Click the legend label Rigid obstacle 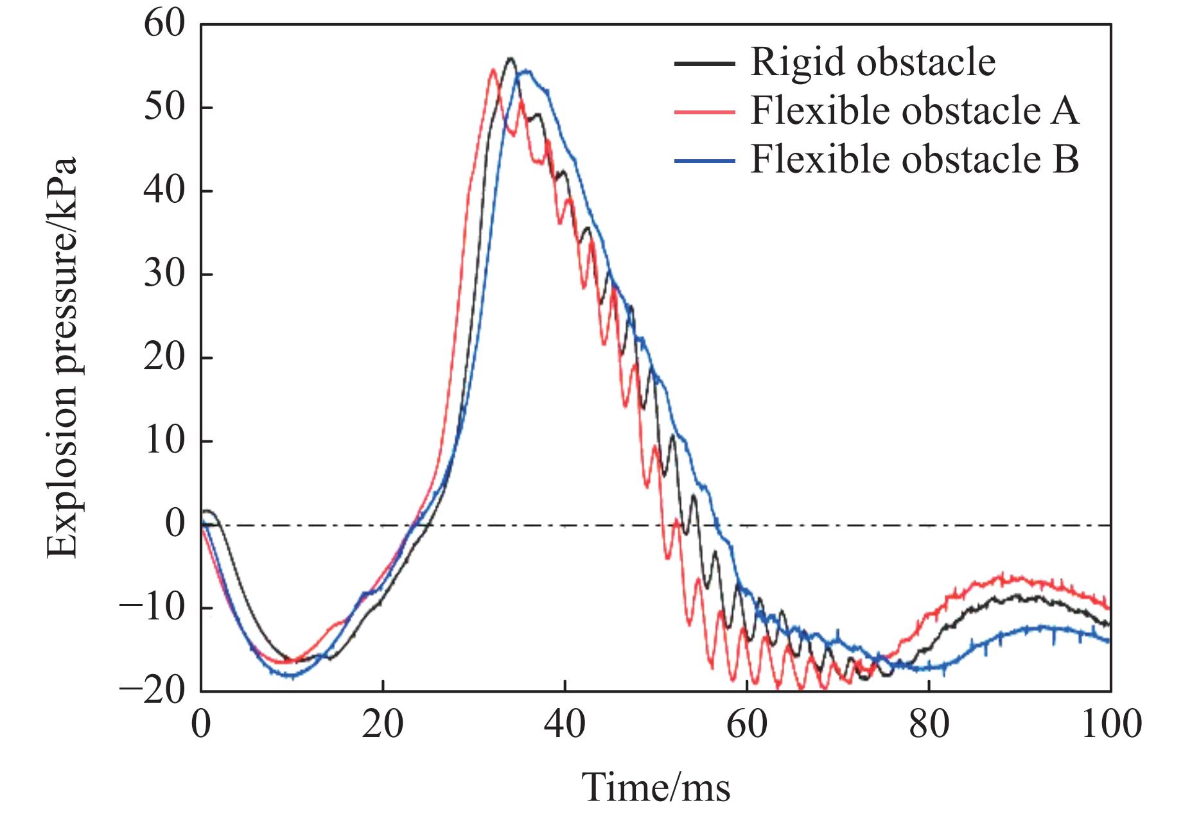tap(873, 62)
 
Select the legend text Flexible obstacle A tap(915, 110)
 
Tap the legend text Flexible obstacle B tap(915, 159)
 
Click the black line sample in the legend tap(704, 63)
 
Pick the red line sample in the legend tap(704, 111)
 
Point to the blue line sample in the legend tap(704, 159)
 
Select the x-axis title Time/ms tap(656, 787)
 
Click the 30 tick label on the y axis tap(164, 275)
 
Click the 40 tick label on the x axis tap(565, 724)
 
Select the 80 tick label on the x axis tap(929, 724)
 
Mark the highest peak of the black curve tap(511, 58)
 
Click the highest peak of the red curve tap(493, 69)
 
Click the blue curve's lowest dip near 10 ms tap(290, 676)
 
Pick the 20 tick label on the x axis tap(383, 724)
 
